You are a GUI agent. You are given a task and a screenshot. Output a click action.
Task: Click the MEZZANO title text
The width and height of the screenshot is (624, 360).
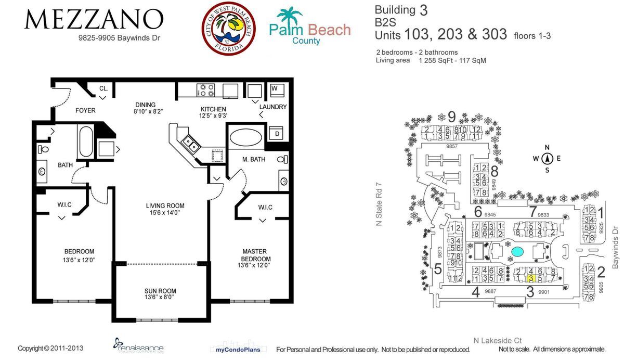tap(94, 20)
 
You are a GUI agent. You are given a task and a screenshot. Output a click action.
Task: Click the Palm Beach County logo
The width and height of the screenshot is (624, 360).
tap(309, 27)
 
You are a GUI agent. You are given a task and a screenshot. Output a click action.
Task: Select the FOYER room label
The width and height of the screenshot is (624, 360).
tap(85, 110)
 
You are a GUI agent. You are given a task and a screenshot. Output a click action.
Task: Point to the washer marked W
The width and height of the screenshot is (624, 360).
tap(275, 88)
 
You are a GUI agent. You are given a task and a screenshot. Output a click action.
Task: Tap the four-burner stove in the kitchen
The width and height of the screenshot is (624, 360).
tap(206, 90)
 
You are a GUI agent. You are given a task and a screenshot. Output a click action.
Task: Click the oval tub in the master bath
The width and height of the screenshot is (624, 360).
tap(246, 137)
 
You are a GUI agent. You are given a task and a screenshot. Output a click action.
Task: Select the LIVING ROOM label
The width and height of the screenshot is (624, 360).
tap(165, 205)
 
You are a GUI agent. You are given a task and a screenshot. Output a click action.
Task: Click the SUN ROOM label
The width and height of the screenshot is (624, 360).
tap(160, 291)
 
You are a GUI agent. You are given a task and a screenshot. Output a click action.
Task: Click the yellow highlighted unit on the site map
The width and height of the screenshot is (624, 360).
tap(530, 278)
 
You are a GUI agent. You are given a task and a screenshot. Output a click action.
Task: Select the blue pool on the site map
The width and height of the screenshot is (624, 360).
tap(517, 252)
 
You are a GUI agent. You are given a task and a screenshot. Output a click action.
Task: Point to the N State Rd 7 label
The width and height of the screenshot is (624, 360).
tap(379, 203)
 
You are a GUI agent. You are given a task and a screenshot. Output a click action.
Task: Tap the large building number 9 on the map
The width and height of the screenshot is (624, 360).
tap(451, 117)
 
